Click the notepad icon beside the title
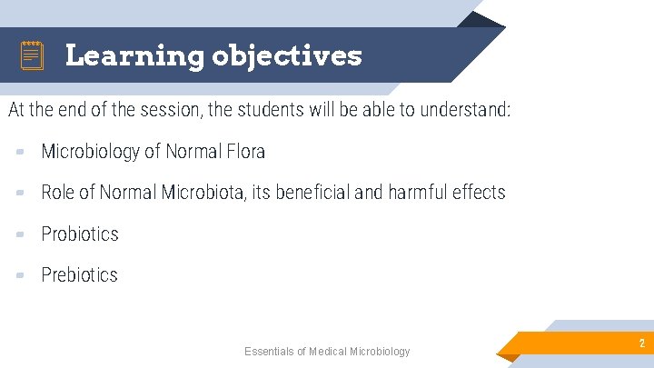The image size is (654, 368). click(32, 56)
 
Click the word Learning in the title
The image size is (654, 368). click(134, 56)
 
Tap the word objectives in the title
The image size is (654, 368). click(287, 56)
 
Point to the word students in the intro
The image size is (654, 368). click(282, 111)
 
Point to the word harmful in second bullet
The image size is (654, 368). click(418, 193)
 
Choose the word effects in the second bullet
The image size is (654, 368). click(479, 193)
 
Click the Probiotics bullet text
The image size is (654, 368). click(80, 234)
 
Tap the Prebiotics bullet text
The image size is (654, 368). click(79, 275)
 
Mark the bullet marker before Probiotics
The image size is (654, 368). click(19, 234)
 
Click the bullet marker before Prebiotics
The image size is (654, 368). click(19, 275)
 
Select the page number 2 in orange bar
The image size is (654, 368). click(641, 343)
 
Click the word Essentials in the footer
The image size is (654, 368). click(270, 352)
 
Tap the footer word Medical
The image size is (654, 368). click(331, 352)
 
